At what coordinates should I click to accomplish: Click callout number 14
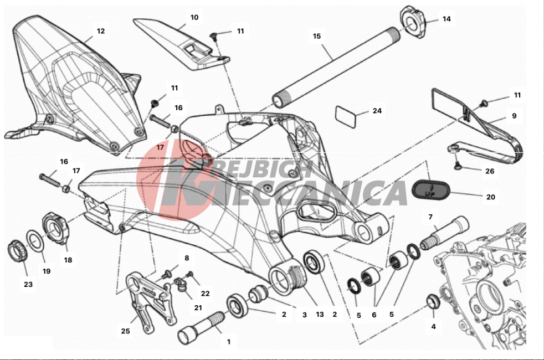(447, 19)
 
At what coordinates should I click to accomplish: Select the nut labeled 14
(413, 22)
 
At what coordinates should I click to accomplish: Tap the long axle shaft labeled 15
(335, 68)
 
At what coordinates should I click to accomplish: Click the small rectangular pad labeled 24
(346, 117)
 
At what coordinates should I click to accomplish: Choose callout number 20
(491, 197)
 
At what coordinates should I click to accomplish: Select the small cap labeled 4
(433, 301)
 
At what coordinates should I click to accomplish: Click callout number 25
(126, 331)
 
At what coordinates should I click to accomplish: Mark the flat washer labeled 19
(35, 241)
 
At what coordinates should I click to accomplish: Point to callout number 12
(101, 31)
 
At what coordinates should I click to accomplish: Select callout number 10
(194, 17)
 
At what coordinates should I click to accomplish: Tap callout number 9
(514, 116)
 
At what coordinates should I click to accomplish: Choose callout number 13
(320, 314)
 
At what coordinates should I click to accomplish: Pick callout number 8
(187, 258)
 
